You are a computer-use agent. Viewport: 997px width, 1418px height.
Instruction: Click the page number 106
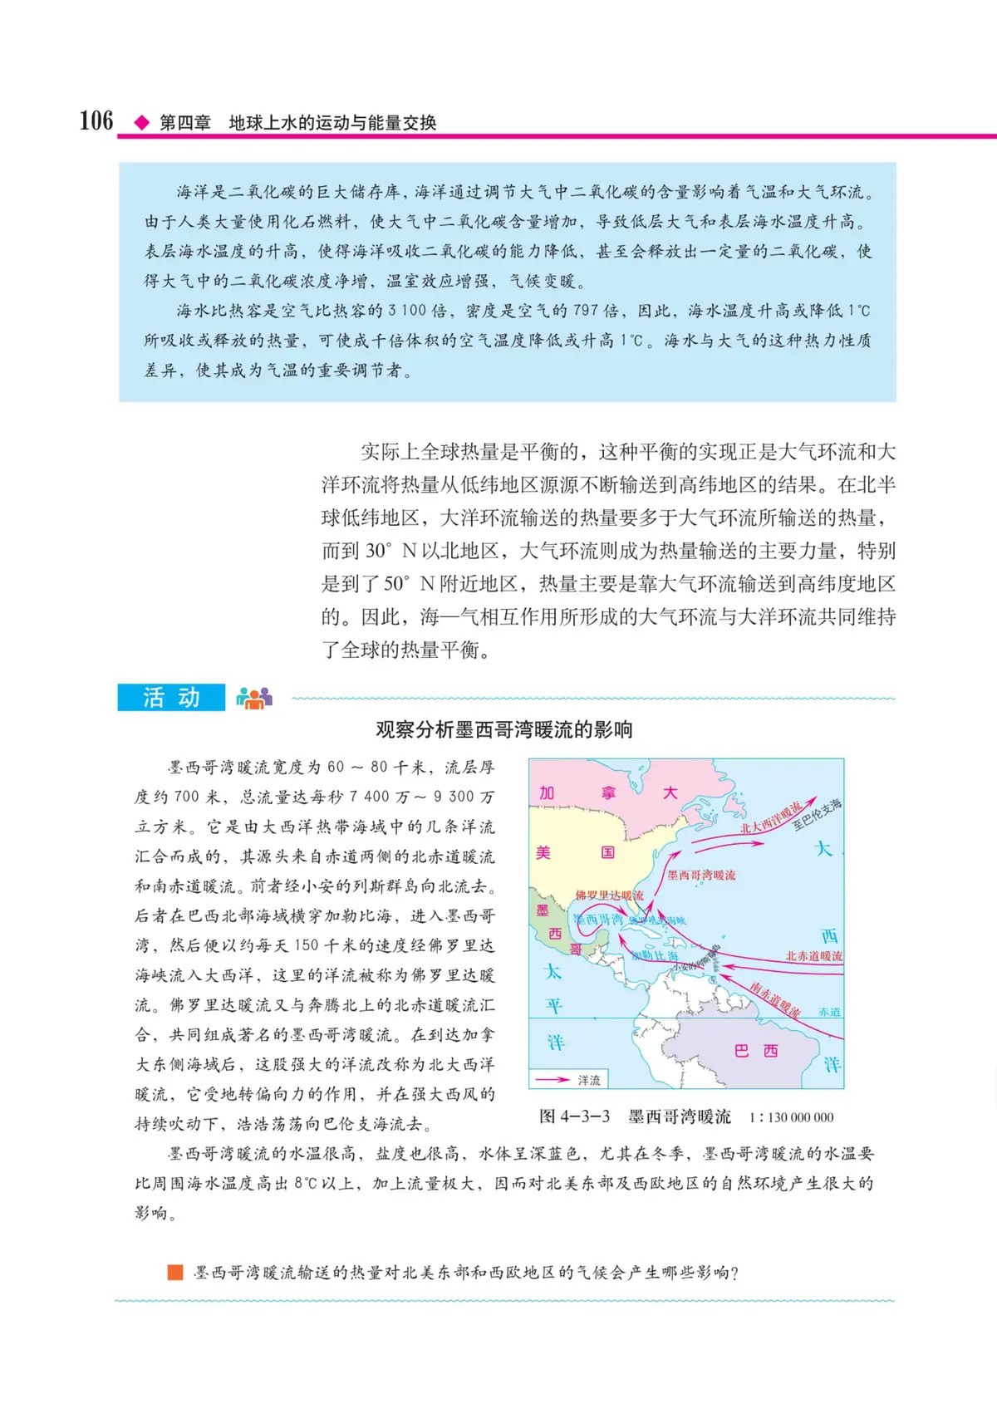tap(96, 120)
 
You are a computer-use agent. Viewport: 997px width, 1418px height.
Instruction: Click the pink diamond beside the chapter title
tap(142, 123)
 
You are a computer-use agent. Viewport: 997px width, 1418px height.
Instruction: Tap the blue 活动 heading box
tap(171, 697)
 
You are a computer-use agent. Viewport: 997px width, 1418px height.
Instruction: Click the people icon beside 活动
tap(253, 698)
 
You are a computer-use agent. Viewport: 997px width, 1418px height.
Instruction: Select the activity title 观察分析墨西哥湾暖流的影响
tap(503, 729)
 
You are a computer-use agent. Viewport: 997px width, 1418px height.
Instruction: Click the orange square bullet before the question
tap(175, 1272)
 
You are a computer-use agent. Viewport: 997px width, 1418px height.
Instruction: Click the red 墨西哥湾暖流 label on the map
tap(701, 875)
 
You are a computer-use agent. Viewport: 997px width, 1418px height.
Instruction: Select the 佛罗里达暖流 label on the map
tap(609, 895)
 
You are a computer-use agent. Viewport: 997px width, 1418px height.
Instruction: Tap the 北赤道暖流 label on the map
tap(813, 956)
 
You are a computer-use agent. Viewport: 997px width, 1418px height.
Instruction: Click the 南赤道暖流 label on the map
tap(774, 999)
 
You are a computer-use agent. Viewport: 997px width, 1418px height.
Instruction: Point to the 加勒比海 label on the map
tap(655, 956)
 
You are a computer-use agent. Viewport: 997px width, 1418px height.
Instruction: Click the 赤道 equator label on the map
tap(829, 1012)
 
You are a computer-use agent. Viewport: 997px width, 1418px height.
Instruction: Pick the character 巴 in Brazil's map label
tap(742, 1051)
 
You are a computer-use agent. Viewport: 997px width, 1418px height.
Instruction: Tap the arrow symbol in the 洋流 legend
tap(552, 1080)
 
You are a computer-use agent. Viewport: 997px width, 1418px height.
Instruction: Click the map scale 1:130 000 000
tap(791, 1117)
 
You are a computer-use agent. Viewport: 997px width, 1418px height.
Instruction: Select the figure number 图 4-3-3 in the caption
tap(575, 1116)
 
